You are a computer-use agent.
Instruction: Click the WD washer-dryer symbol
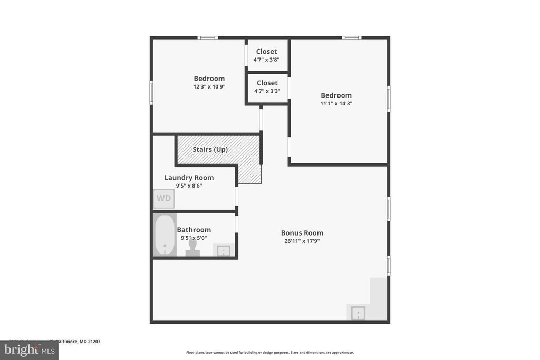[x=163, y=199]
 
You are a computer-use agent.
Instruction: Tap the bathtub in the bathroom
[x=165, y=235]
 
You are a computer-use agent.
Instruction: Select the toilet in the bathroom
[x=192, y=248]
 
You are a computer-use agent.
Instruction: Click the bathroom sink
[x=224, y=250]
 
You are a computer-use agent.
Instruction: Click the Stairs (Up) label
[x=210, y=149]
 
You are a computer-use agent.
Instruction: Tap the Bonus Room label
[x=302, y=233]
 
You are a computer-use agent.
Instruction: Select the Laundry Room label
[x=189, y=178]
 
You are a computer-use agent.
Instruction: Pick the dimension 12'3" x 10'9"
[x=209, y=87]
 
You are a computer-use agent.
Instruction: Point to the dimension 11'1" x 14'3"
[x=336, y=104]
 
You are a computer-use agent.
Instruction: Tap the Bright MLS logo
[x=29, y=350]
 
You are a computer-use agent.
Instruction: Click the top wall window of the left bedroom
[x=208, y=37]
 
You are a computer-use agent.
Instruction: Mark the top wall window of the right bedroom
[x=351, y=37]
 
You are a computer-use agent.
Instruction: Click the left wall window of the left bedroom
[x=151, y=92]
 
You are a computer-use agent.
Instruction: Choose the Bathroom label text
[x=194, y=230]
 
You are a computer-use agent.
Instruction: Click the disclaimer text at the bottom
[x=269, y=352]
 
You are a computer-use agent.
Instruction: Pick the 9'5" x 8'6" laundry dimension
[x=189, y=186]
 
